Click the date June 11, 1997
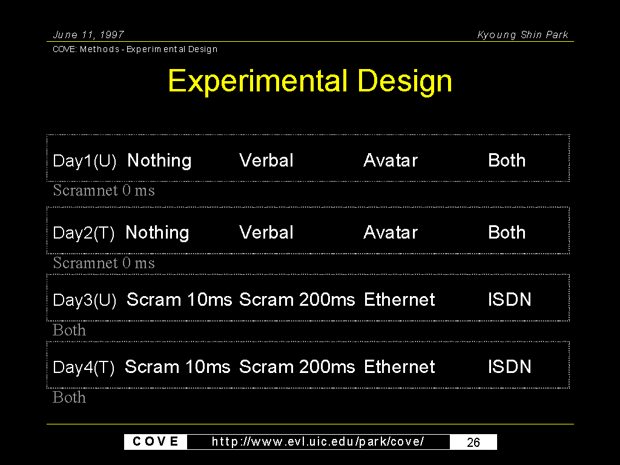88,35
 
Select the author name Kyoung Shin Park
523,35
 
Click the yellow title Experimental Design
310,81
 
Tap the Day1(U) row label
85,161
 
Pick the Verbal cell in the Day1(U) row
266,160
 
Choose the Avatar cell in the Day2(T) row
391,232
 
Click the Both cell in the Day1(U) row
507,160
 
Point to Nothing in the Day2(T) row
157,232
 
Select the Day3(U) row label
85,300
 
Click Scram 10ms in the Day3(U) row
179,299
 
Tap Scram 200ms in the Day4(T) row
297,366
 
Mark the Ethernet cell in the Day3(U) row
400,299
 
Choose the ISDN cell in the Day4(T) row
510,366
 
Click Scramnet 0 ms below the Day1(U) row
104,190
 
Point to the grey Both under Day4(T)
69,397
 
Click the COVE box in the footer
156,441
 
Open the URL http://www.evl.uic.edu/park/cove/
318,441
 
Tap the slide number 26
473,442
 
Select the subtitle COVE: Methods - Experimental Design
135,49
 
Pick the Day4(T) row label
84,368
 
